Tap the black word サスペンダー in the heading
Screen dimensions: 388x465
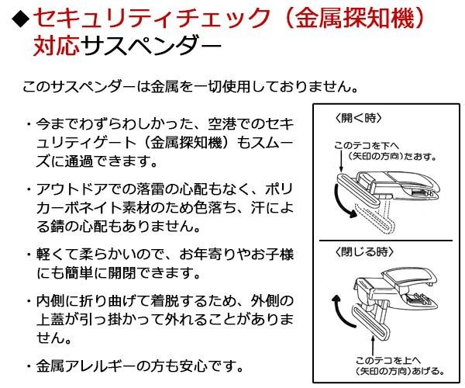tap(146, 47)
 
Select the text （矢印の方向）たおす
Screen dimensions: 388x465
tap(386, 156)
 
